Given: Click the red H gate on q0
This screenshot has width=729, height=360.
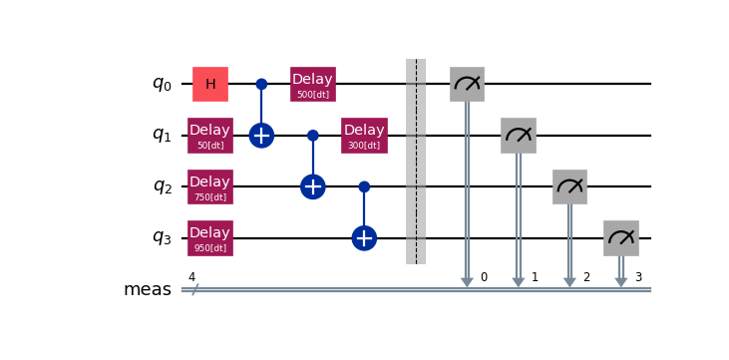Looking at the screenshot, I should (210, 84).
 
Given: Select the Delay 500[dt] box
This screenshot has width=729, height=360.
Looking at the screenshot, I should (313, 84).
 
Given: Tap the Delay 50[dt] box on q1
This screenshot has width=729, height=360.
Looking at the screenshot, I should (210, 136).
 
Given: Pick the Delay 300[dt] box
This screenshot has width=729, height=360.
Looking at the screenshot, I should (364, 136).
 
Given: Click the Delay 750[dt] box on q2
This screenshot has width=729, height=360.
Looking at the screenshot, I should (210, 186).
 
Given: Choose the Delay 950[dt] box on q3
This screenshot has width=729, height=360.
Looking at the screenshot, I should (210, 238).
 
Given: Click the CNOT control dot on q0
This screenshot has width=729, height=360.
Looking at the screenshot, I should (261, 84).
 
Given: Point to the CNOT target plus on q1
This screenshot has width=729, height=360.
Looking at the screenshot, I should (261, 136).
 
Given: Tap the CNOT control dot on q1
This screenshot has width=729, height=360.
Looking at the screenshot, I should (313, 136).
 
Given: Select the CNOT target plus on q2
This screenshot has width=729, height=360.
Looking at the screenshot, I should (313, 186).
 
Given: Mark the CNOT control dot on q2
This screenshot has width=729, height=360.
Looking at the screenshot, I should (364, 186).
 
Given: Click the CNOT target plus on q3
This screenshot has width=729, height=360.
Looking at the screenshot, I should (364, 238).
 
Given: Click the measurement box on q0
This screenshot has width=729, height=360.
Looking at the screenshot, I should (467, 84).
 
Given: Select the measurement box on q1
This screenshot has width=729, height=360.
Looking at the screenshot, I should (519, 136).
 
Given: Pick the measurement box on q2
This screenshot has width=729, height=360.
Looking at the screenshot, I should (569, 186).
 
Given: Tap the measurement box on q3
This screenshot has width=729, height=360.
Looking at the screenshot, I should (621, 238).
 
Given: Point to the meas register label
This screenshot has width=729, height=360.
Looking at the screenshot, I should (147, 290).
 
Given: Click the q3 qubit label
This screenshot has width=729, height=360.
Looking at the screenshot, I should (163, 238).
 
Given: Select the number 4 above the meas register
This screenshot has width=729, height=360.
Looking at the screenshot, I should (192, 276).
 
